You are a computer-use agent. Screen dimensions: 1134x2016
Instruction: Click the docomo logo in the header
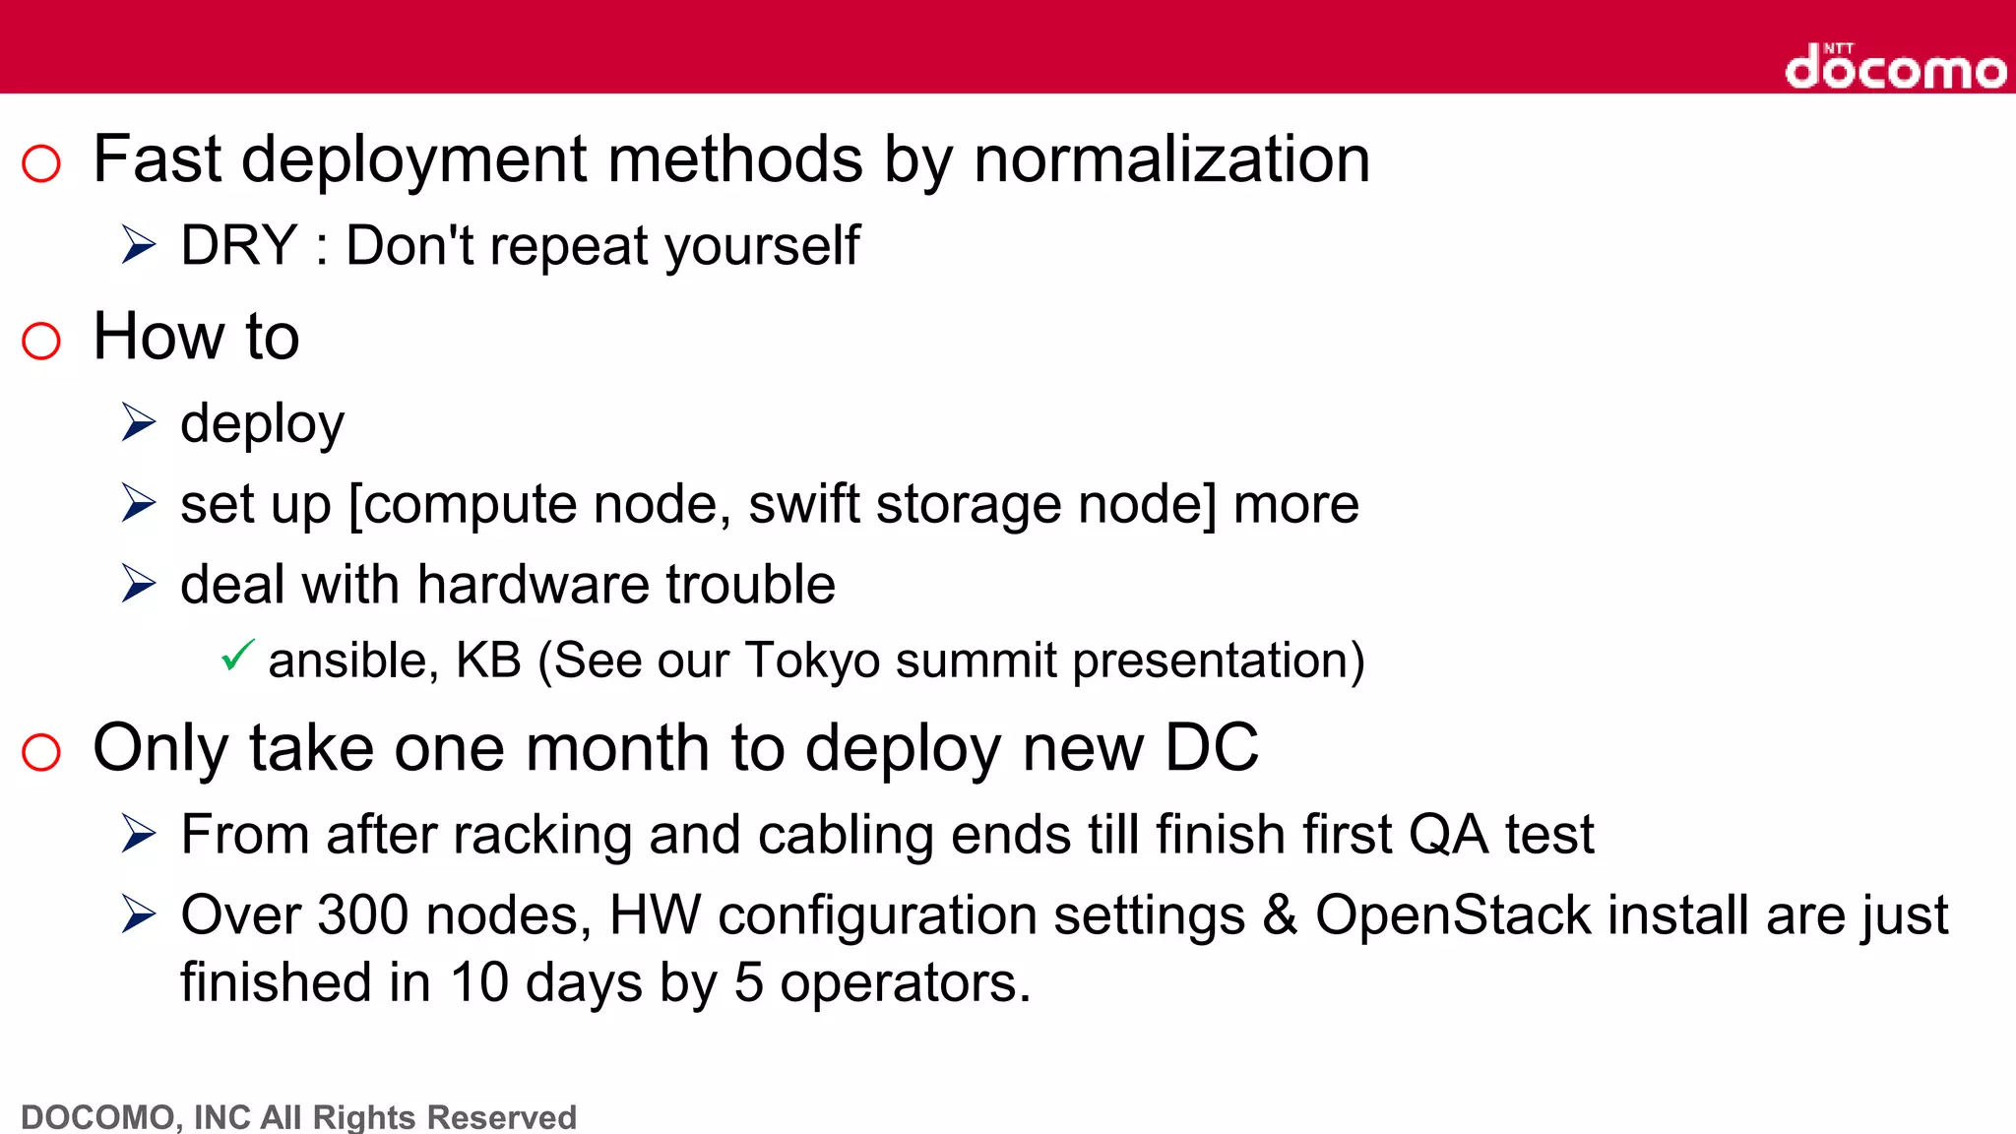point(1895,67)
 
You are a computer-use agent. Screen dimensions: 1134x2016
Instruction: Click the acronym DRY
point(239,245)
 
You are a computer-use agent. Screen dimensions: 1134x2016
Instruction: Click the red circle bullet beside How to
point(41,341)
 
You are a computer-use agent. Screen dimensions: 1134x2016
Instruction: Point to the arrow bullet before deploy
point(139,422)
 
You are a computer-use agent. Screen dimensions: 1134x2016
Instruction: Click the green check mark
point(237,655)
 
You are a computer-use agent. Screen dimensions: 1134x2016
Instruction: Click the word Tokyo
point(811,661)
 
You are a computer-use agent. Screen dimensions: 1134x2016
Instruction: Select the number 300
point(362,915)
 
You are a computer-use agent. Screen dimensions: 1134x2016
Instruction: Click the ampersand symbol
point(1280,915)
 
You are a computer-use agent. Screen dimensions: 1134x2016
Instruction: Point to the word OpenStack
point(1452,915)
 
